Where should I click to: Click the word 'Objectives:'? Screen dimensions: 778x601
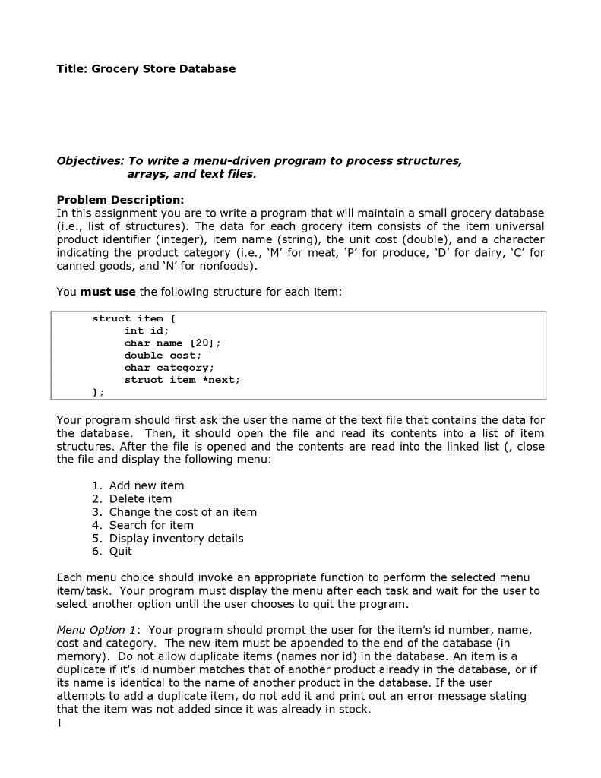[x=90, y=161]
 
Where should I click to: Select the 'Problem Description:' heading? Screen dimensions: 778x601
[x=120, y=200]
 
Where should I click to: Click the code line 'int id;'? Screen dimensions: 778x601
[x=147, y=330]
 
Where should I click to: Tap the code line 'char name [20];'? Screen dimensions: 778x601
[x=172, y=343]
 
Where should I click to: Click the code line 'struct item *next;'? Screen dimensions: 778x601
[x=182, y=380]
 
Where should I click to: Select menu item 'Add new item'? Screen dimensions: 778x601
[x=147, y=485]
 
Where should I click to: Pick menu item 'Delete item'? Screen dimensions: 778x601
[x=141, y=499]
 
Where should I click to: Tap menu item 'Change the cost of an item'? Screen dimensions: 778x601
[x=182, y=512]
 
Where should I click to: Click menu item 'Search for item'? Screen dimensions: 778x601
[x=151, y=525]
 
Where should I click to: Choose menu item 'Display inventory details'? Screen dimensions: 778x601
[x=176, y=538]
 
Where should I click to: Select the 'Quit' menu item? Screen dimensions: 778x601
[x=121, y=552]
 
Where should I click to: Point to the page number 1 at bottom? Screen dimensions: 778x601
[x=59, y=723]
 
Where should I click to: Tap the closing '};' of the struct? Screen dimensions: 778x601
[x=98, y=392]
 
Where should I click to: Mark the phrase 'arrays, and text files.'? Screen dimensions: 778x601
[x=191, y=174]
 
